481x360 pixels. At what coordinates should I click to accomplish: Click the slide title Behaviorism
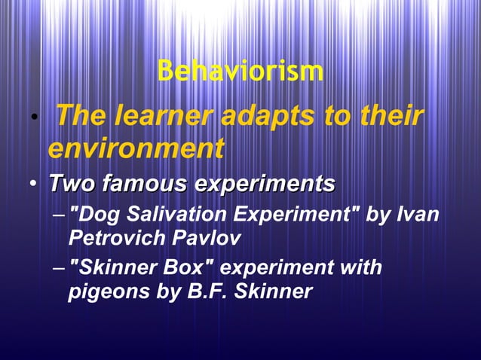[240, 72]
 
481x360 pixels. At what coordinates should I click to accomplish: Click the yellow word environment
[136, 148]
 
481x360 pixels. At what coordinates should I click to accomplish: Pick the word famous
[144, 183]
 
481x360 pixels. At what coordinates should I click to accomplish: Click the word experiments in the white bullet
[265, 183]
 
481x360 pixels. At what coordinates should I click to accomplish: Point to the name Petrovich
[114, 239]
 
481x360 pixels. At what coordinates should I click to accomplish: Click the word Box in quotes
[191, 267]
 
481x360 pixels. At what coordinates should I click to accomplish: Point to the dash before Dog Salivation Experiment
[60, 216]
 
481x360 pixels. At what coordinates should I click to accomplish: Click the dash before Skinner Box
[60, 269]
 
